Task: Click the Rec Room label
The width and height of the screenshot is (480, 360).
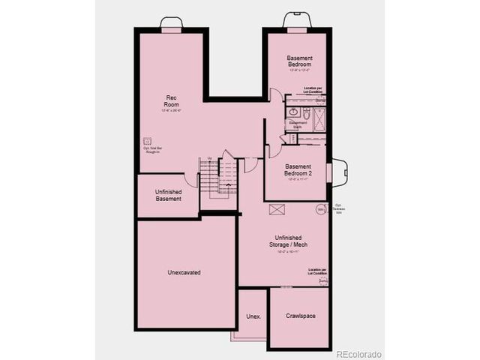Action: tap(170, 102)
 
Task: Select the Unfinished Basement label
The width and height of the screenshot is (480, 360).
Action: tap(169, 195)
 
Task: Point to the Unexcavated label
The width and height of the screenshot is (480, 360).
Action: tap(184, 272)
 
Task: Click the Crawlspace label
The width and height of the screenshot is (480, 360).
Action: tap(300, 316)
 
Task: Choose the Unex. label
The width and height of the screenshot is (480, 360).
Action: tap(253, 316)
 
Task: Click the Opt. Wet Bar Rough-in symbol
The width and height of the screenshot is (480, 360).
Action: tap(147, 140)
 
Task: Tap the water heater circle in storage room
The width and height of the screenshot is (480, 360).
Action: tap(320, 210)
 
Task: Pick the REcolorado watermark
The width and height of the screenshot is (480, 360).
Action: tap(358, 353)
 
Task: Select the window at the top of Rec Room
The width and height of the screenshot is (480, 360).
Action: tap(172, 28)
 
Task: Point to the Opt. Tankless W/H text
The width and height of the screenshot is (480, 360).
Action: tap(339, 208)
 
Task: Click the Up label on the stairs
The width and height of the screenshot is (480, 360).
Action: tap(210, 157)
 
